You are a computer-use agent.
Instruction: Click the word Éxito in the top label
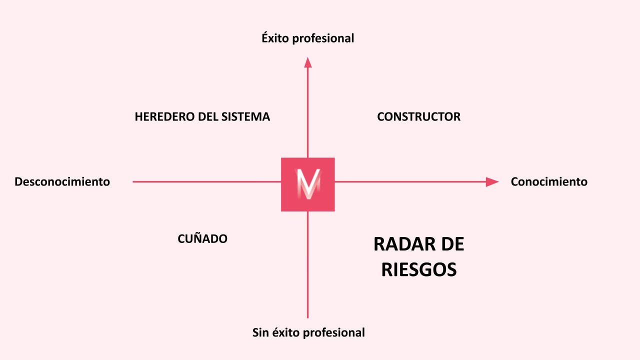tap(275, 38)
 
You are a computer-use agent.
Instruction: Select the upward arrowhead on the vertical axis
tap(308, 62)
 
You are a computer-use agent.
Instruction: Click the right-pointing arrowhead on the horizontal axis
tap(492, 182)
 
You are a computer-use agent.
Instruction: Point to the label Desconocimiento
tap(62, 181)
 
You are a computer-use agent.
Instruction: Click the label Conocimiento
tap(549, 181)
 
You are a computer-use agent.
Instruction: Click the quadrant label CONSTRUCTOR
tap(418, 117)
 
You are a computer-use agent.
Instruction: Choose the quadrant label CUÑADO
tap(202, 239)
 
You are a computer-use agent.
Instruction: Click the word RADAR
tap(398, 244)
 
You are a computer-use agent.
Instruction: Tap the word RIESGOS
tap(418, 269)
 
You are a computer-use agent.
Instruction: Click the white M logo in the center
tap(308, 184)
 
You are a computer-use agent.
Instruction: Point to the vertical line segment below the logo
tap(307, 265)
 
